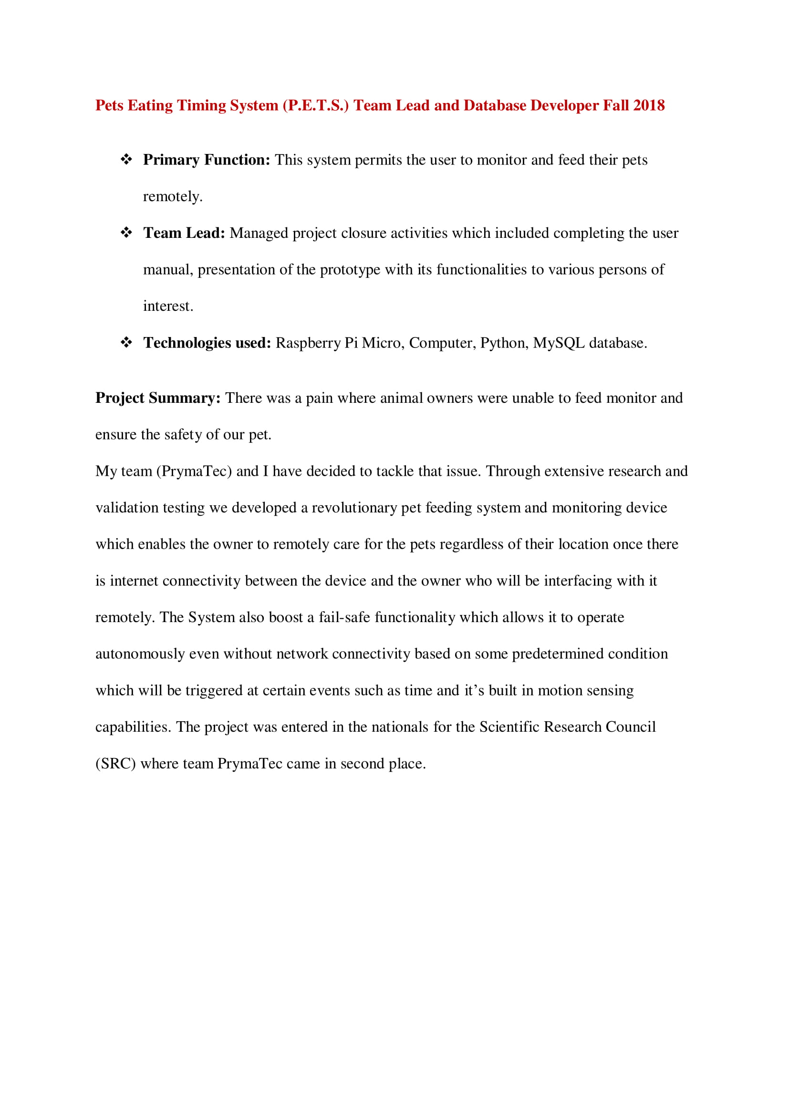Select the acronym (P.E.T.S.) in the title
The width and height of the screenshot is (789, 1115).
(x=316, y=105)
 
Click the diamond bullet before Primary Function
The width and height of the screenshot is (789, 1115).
(x=126, y=159)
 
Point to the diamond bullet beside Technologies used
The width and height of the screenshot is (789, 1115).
(x=126, y=342)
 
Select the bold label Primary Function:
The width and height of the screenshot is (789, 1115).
(x=207, y=160)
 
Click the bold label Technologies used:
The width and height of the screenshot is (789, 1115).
(x=207, y=343)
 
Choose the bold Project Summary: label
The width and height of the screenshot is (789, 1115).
(x=158, y=398)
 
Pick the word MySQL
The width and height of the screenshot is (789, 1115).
(x=559, y=343)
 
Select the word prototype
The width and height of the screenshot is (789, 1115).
(x=350, y=269)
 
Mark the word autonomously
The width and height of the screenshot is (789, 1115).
(x=140, y=654)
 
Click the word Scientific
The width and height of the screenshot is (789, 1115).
(x=509, y=727)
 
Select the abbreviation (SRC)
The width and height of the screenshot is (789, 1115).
(x=115, y=763)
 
